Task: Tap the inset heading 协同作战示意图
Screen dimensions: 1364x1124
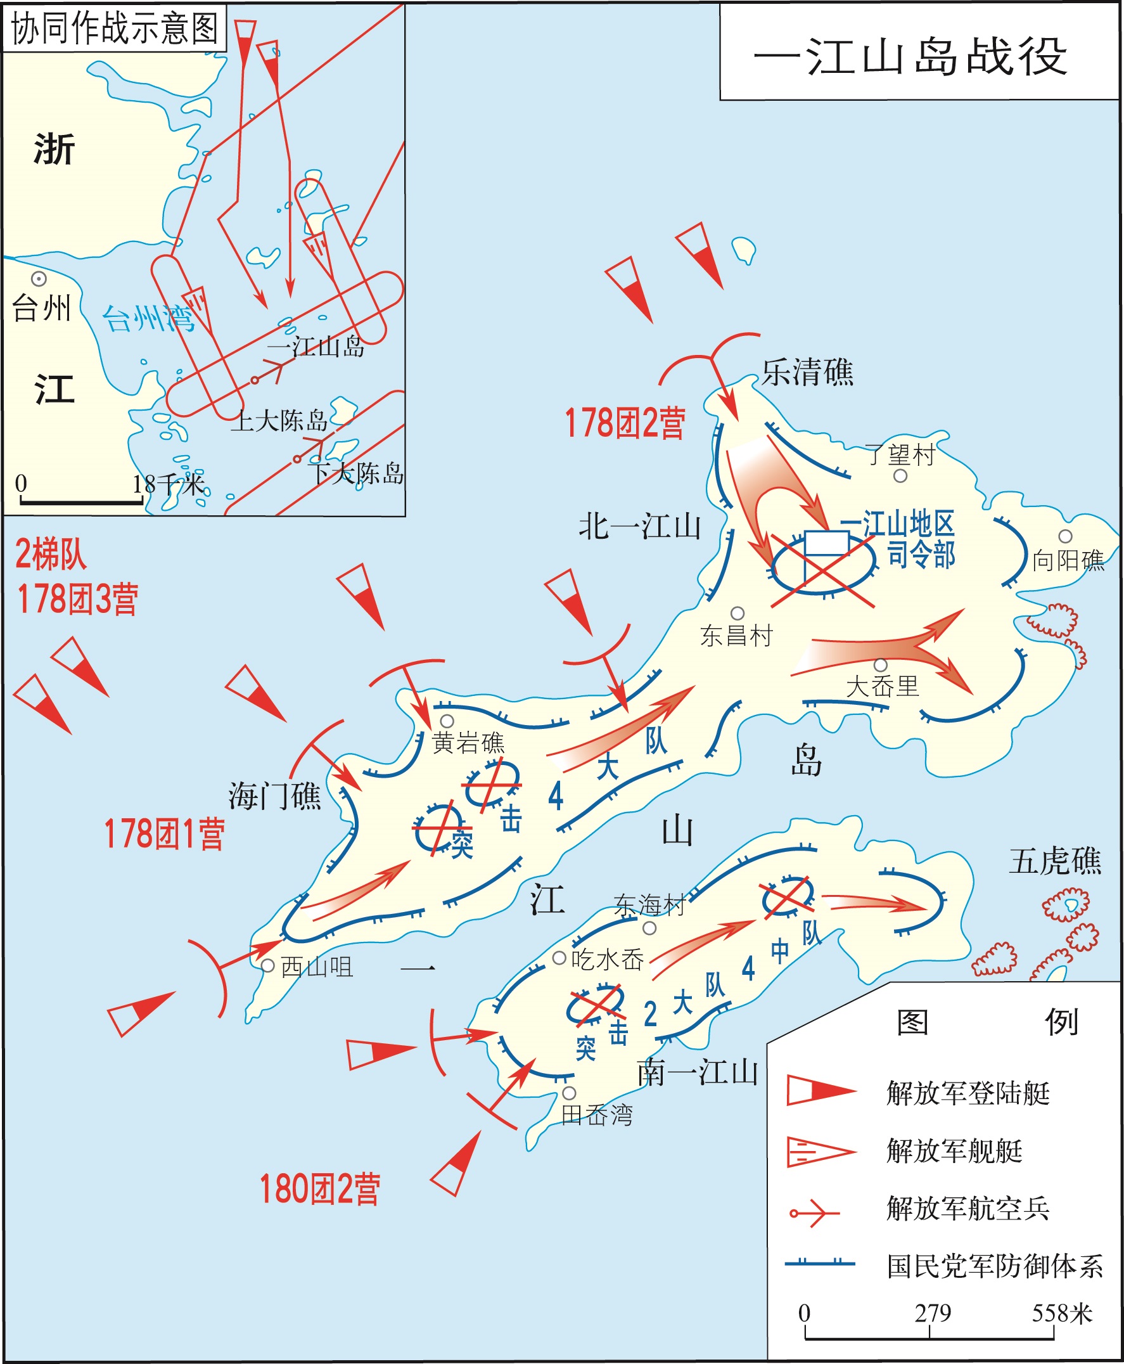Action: [115, 29]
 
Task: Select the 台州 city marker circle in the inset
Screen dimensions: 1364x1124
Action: [39, 279]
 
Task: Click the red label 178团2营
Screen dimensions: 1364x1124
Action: [625, 423]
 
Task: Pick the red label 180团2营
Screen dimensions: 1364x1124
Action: [319, 1188]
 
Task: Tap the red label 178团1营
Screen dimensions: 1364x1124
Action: [165, 833]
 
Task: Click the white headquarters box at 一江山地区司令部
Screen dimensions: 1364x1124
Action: [827, 543]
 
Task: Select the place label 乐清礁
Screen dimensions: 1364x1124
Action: [807, 373]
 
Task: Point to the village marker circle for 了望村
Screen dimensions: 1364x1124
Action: [900, 476]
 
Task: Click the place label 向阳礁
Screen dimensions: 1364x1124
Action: [1068, 560]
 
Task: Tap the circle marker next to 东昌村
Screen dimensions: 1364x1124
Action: [738, 613]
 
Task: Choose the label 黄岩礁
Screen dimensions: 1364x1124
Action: [468, 742]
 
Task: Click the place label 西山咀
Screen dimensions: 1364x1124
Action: [317, 967]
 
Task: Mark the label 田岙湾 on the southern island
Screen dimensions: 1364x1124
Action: [596, 1115]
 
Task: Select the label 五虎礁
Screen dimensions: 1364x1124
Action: [1055, 861]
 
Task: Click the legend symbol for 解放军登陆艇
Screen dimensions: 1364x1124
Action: [821, 1091]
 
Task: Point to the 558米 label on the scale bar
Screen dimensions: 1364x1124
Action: [1062, 1313]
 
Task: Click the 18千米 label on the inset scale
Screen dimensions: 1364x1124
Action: [169, 484]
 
